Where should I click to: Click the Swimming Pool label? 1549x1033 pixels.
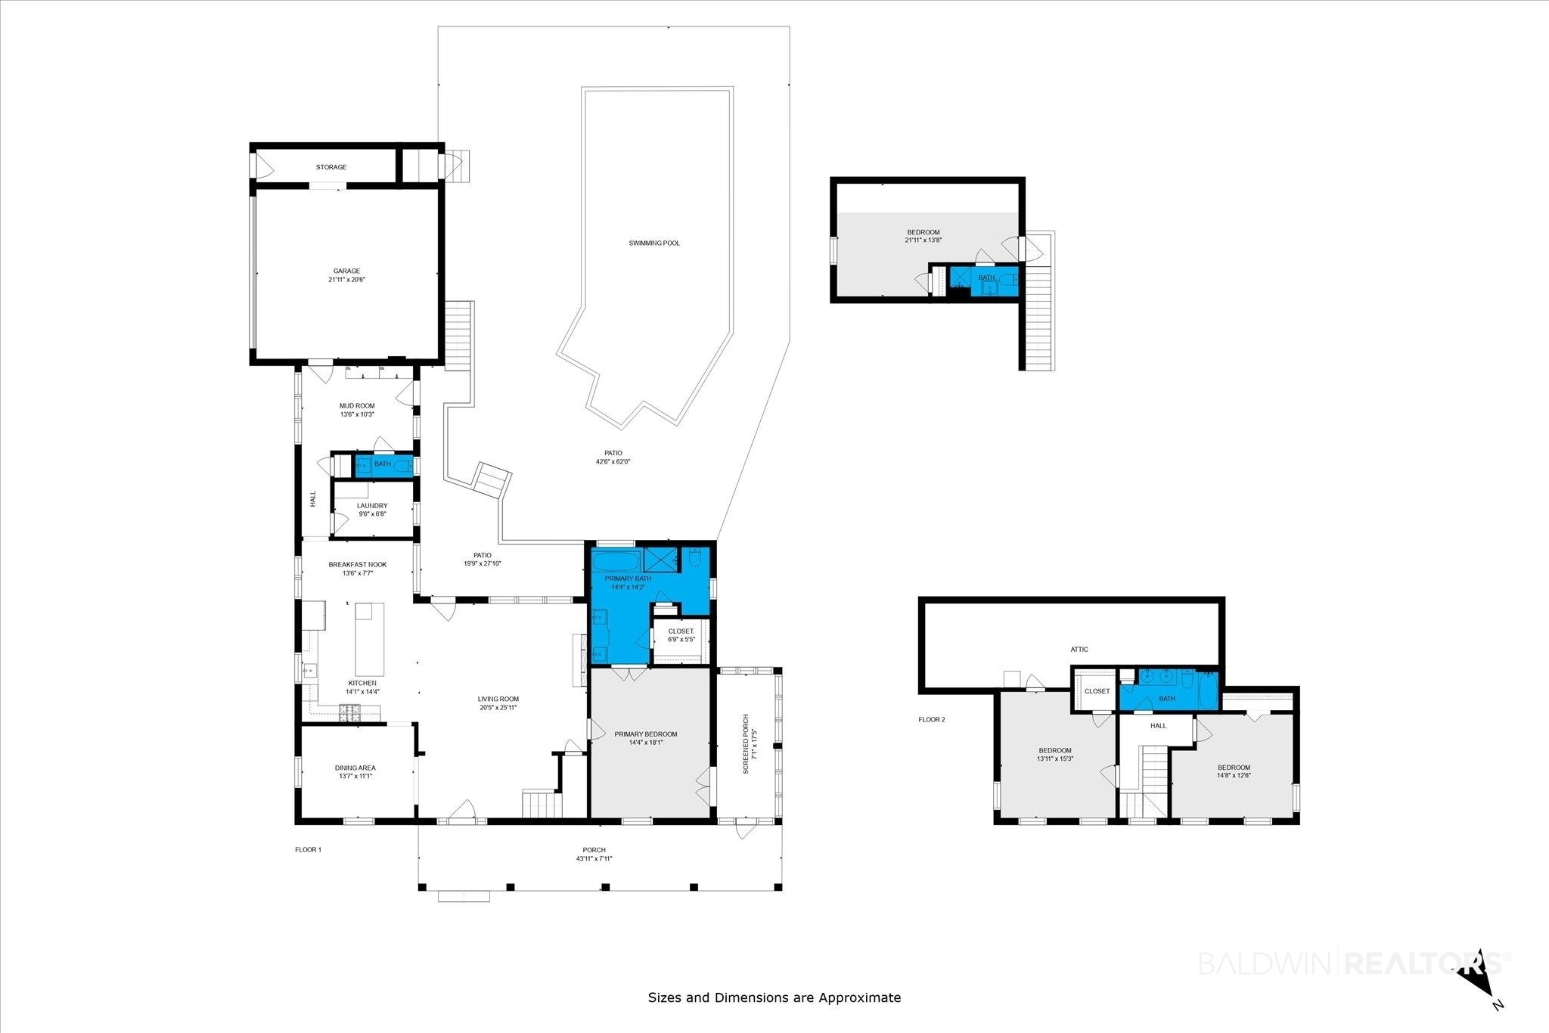pos(654,243)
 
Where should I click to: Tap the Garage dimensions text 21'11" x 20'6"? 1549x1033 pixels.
pos(347,280)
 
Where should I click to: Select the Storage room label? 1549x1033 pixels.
pos(331,167)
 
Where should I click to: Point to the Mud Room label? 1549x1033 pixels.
pos(357,406)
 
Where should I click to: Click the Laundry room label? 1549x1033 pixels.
pos(372,506)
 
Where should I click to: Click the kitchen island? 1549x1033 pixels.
pos(370,639)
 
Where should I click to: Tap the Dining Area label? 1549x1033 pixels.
pos(355,768)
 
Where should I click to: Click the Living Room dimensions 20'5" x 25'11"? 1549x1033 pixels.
pos(498,708)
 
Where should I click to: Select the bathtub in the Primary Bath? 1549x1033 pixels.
pos(615,562)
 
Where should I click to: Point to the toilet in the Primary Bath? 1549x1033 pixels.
pos(695,559)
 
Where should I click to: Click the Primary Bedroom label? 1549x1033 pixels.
pos(645,734)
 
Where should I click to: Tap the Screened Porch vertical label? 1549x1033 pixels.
pos(746,744)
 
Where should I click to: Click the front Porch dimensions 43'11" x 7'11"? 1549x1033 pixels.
pos(594,858)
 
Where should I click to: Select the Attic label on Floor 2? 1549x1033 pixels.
pos(1079,650)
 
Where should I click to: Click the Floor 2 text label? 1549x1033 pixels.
pos(932,720)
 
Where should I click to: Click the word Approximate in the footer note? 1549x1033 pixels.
pos(861,997)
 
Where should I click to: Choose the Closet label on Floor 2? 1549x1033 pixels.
pos(1097,691)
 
